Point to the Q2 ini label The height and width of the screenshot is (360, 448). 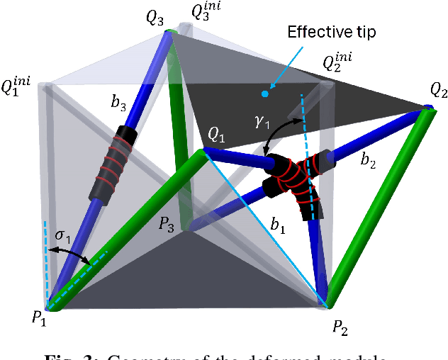tap(338, 63)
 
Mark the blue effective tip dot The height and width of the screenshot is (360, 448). tap(265, 93)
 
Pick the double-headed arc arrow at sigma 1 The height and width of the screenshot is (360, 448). tap(72, 252)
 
